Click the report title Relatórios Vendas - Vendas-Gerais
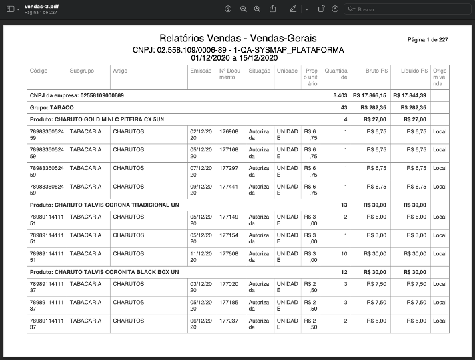(238, 38)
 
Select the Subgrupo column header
(81, 70)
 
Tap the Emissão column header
(201, 70)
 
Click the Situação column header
(259, 70)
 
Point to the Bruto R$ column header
(377, 70)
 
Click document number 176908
(229, 131)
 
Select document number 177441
(229, 186)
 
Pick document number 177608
(229, 253)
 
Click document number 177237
(229, 320)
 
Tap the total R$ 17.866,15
(370, 95)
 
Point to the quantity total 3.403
(340, 95)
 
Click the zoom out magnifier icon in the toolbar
(243, 9)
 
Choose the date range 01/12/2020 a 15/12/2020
(238, 58)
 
